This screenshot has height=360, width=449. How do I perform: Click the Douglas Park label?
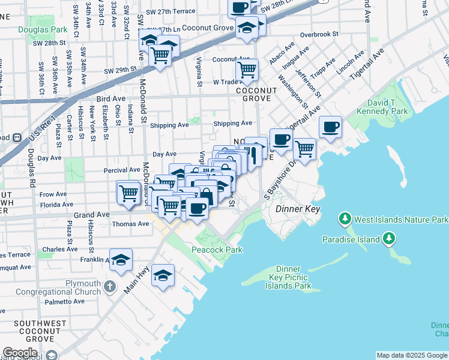[x=41, y=29]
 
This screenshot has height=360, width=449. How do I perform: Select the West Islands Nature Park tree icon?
[x=345, y=217]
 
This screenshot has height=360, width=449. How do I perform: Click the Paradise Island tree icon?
[x=389, y=239]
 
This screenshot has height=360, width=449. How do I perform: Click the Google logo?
[x=20, y=352]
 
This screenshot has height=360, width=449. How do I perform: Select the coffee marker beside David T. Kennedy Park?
[x=330, y=127]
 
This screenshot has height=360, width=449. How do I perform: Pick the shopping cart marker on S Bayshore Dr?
[x=305, y=149]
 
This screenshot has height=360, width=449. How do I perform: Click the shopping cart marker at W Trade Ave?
[x=247, y=70]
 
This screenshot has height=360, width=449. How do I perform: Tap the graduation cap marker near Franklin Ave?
[x=121, y=260]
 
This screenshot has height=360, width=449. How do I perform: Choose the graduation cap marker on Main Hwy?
[x=163, y=276]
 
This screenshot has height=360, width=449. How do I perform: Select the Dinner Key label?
[x=298, y=209]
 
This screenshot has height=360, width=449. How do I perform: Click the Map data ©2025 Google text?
[x=411, y=355]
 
